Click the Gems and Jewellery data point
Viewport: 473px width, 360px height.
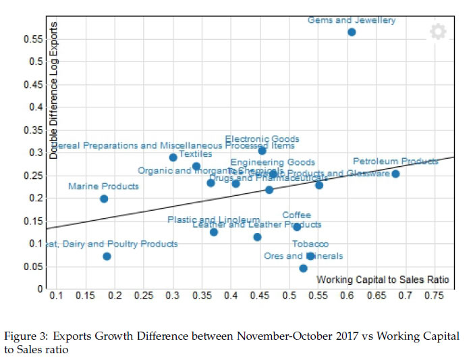pos(352,32)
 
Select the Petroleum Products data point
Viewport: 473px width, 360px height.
pos(395,174)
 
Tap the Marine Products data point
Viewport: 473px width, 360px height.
pos(104,199)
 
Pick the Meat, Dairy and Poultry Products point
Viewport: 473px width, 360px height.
pos(107,256)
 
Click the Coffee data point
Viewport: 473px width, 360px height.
pos(297,227)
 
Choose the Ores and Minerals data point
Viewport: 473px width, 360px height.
pos(303,268)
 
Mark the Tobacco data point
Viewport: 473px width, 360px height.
pos(310,256)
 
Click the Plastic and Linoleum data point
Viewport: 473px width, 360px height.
pos(214,232)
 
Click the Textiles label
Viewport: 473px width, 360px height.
pos(195,155)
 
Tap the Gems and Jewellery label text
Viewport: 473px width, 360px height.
pos(352,20)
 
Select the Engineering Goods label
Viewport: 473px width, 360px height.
pos(273,162)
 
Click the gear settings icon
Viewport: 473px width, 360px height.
pos(438,32)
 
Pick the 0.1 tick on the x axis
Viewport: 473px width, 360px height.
pos(56,296)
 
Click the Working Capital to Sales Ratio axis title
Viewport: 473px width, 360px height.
pos(383,280)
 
